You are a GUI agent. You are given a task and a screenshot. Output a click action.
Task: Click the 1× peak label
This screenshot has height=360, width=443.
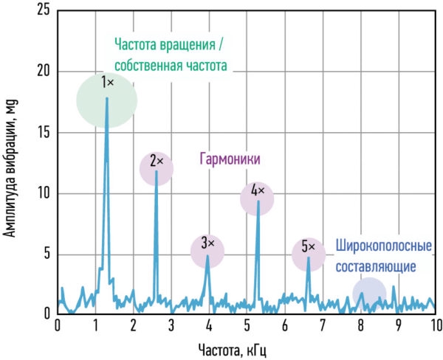pos(107,83)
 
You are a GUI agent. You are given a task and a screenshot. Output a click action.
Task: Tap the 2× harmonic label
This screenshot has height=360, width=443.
pos(157,162)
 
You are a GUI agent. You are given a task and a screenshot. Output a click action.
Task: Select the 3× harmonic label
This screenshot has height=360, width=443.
pos(207,243)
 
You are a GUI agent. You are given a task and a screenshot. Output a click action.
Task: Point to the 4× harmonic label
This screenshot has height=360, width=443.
pos(258,191)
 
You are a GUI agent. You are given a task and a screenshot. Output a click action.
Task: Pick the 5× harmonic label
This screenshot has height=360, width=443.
pos(308,247)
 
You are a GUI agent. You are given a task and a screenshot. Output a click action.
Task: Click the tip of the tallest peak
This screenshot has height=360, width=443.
pos(107,98)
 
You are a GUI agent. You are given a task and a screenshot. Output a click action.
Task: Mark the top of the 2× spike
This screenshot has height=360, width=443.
pos(157,171)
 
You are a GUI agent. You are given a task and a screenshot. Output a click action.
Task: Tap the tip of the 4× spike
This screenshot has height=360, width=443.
pos(258,201)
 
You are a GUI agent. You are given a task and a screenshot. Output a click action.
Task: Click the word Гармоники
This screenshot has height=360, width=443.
pos(230,159)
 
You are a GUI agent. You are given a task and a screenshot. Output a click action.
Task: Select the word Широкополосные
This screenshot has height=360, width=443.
pos(384,246)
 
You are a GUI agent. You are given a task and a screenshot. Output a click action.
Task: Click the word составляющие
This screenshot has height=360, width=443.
pos(376,266)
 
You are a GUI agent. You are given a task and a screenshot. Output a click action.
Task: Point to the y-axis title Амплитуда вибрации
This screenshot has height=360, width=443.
pos(10,169)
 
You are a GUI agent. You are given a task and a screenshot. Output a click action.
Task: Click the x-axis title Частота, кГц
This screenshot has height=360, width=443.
pos(233,350)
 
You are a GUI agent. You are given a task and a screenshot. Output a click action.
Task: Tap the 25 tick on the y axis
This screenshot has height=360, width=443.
pos(43,11)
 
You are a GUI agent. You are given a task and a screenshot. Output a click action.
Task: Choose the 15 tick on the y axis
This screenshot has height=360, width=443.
pos(43,133)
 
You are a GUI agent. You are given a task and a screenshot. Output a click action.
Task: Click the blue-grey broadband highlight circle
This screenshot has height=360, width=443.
pos(369,294)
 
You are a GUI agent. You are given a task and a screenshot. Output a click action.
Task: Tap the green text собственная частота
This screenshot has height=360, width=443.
pos(171,66)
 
